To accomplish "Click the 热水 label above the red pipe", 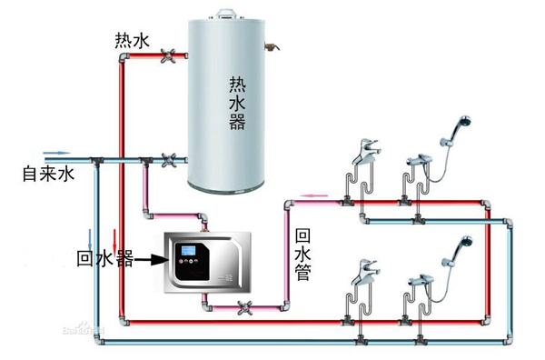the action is click(132, 41).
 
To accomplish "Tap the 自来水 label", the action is click(48, 174).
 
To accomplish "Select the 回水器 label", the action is click(104, 258).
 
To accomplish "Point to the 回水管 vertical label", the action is click(302, 255).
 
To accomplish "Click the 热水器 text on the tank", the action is click(237, 104).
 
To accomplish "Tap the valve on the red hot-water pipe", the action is click(169, 55).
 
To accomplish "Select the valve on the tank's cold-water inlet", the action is click(169, 160).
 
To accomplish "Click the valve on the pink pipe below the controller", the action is click(245, 308).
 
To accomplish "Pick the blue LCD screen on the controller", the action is click(185, 250).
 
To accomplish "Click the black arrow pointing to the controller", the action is click(150, 259).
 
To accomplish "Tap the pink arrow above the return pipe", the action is click(314, 195).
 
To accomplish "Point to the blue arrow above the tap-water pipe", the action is click(56, 153).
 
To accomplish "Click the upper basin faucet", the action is click(365, 152).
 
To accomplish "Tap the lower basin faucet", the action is click(364, 272).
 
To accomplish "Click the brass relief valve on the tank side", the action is click(272, 46).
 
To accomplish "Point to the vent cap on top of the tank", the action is click(226, 14).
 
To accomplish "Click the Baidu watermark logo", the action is click(84, 327).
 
